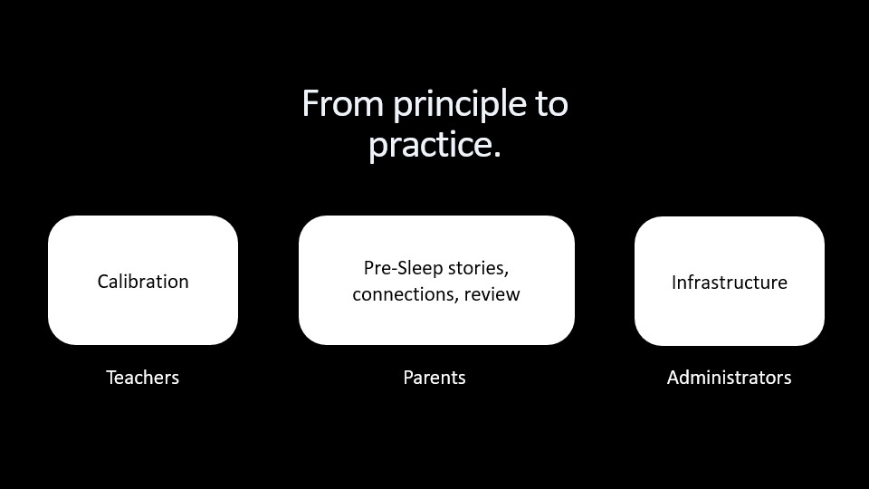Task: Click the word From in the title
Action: pos(342,103)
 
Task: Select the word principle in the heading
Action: pos(460,106)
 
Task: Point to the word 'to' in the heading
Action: pos(551,104)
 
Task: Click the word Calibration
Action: pos(143,282)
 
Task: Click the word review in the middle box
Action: pos(492,294)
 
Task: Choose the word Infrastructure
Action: pos(730,283)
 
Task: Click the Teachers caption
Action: pos(142,378)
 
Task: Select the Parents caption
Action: pos(434,378)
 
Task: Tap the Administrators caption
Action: pos(730,378)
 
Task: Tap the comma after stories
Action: pos(506,274)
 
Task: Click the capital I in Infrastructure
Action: pos(673,283)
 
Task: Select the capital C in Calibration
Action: pos(103,282)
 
